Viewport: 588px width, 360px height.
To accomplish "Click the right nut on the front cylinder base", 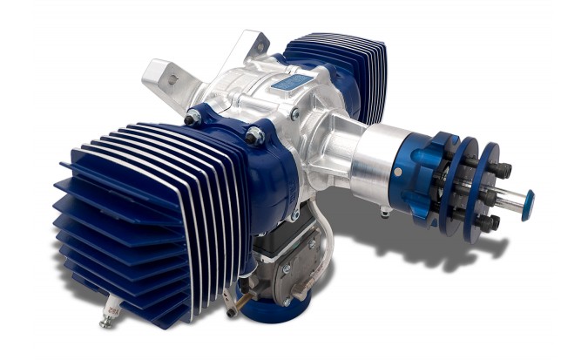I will coord(255,135).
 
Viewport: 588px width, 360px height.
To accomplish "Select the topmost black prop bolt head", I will coord(503,171).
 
